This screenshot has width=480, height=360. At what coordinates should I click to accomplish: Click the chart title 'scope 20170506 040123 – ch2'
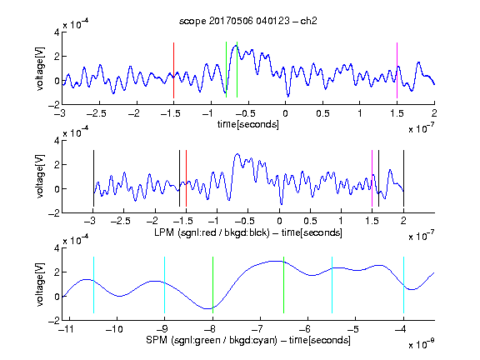[x=248, y=21]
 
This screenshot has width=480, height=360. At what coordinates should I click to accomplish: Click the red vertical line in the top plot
[x=173, y=70]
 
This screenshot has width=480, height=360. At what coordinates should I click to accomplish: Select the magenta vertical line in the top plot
[x=397, y=70]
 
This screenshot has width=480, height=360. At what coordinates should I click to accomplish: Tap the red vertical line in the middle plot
[x=186, y=178]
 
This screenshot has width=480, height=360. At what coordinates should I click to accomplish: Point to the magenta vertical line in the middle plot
[x=372, y=178]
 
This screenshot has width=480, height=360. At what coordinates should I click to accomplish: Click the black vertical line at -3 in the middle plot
[x=93, y=178]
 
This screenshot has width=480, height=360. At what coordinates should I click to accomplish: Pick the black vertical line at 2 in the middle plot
[x=403, y=178]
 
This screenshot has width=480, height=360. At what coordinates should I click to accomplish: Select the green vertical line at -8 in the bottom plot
[x=212, y=285]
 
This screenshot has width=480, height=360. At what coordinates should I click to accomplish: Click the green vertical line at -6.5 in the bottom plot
[x=284, y=285]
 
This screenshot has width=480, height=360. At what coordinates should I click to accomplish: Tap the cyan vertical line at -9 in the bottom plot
[x=165, y=285]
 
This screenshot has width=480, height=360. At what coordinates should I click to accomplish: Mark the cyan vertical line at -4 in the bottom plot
[x=403, y=285]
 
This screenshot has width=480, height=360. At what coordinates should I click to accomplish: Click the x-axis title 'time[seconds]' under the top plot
[x=248, y=124]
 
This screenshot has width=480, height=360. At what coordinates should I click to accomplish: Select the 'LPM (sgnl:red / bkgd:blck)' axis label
[x=212, y=232]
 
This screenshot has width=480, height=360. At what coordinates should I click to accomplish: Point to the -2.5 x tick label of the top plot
[x=97, y=113]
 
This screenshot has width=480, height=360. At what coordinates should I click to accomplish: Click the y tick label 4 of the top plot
[x=57, y=32]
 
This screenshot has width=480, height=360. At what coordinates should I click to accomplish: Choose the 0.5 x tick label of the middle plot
[x=310, y=221]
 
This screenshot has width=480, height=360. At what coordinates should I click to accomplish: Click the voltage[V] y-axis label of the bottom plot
[x=40, y=284]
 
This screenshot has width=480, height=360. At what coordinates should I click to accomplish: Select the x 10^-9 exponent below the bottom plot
[x=422, y=343]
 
